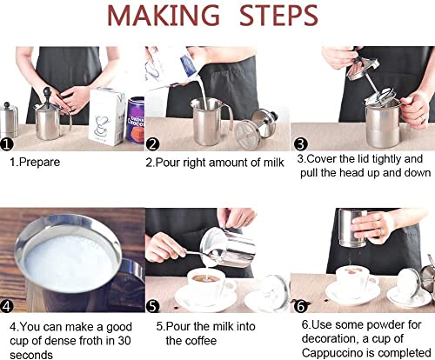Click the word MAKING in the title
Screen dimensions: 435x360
tap(164, 16)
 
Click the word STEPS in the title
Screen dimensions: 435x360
tap(278, 16)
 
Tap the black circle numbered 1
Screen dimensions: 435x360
tap(7, 144)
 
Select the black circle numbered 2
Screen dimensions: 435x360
tap(152, 144)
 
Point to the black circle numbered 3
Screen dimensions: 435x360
tap(300, 144)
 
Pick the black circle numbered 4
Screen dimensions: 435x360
tap(7, 306)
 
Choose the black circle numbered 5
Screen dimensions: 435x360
tap(153, 306)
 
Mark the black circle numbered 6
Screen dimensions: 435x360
tap(300, 306)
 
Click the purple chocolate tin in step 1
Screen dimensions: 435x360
tap(136, 120)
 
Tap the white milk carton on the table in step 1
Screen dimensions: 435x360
tap(107, 116)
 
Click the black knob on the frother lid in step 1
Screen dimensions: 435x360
tap(47, 93)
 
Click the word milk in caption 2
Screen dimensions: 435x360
tap(273, 163)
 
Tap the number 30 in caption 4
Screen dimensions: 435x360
tap(124, 341)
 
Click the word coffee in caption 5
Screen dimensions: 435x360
tap(200, 341)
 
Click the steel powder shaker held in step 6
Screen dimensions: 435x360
tap(353, 228)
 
